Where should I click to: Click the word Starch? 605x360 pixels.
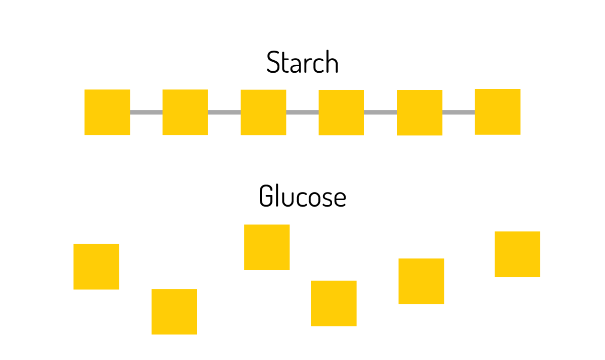pos(302,63)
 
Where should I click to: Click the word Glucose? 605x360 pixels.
pos(302,196)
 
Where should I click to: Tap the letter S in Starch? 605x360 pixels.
pos(273,63)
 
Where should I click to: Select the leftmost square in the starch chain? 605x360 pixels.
pos(107,112)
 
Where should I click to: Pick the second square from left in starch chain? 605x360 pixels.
pos(185,112)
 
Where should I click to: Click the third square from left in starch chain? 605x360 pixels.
pos(263,112)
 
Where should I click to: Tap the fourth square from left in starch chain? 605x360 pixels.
pos(341,112)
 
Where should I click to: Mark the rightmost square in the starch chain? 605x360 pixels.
pos(498,112)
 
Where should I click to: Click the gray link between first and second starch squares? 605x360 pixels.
pos(146,112)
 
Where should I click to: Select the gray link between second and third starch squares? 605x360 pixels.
pos(224,112)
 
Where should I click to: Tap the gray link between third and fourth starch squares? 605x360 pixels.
pos(302,112)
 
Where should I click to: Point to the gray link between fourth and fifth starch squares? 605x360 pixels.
pos(380,112)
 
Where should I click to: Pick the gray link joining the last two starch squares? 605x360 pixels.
pos(459,112)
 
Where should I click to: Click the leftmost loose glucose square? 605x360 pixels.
pos(96,267)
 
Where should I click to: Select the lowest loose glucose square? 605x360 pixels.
pos(175,312)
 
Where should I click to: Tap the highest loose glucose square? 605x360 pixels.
pos(267,247)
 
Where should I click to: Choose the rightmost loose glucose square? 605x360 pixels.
pos(517,254)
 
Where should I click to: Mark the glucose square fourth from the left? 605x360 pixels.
pos(334,303)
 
